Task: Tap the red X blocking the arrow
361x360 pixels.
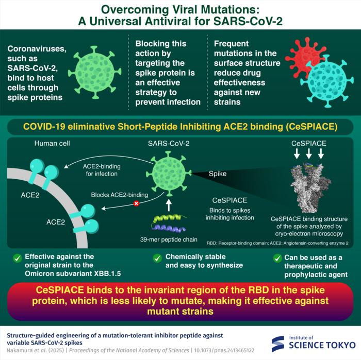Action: tap(136, 203)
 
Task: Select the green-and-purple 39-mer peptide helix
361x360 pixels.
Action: tap(169, 222)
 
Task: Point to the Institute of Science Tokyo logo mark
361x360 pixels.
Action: tap(277, 344)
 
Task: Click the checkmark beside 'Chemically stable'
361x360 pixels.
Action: tap(157, 258)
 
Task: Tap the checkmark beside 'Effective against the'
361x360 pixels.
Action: tap(17, 258)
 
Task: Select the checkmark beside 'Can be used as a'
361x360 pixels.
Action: tap(277, 259)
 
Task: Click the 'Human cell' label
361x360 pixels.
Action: tap(52, 144)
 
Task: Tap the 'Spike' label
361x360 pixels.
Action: tap(218, 174)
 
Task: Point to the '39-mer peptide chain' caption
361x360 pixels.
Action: tap(169, 239)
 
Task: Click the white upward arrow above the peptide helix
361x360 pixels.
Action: tap(169, 205)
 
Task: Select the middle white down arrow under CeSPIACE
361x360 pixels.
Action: tap(309, 153)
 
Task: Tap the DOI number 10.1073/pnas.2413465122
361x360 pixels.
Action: tap(224, 350)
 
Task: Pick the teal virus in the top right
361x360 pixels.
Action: tap(327, 81)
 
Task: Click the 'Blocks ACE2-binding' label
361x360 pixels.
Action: tap(120, 195)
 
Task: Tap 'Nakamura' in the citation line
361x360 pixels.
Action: tap(18, 350)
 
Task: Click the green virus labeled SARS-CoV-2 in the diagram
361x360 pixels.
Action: tap(169, 174)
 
